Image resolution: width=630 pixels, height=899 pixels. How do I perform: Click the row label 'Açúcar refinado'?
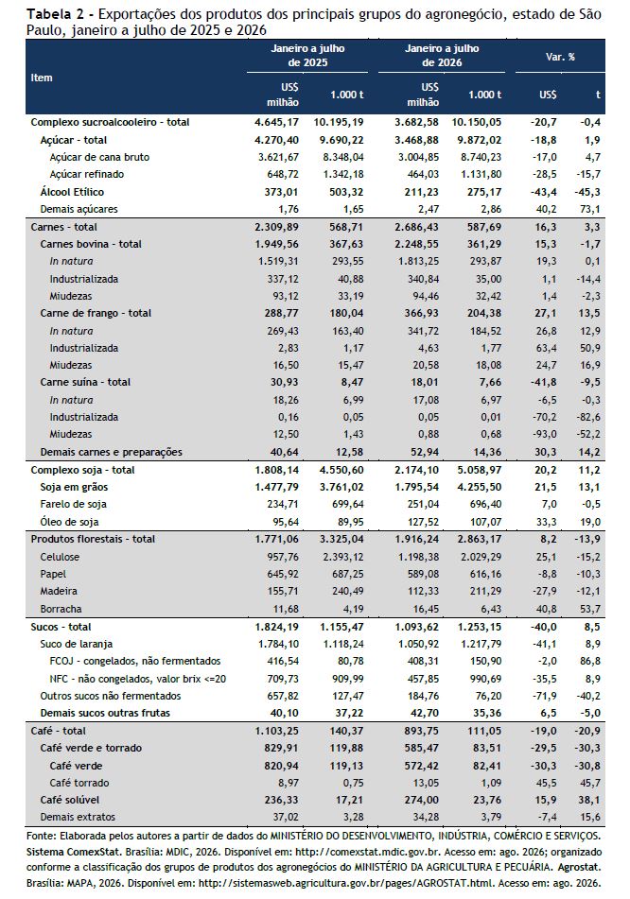87,174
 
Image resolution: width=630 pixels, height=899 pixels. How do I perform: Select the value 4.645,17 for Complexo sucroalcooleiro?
276,122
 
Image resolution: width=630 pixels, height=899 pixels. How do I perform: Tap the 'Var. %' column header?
560,57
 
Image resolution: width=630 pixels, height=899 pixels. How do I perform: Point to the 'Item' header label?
42,78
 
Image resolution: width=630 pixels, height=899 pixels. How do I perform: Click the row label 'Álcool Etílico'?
72,192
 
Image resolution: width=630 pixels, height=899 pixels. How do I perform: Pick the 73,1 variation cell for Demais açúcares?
590,209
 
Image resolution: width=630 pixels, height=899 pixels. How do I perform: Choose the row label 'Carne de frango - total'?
96,313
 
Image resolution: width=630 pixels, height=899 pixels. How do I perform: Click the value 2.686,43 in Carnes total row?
416,227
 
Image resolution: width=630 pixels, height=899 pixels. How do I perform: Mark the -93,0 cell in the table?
544,434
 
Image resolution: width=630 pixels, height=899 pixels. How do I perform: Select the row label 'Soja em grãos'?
74,488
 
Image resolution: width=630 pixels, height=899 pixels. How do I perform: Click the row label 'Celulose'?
60,557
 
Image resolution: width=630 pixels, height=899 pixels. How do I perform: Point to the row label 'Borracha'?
61,609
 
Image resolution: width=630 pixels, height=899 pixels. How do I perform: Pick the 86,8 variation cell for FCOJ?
590,661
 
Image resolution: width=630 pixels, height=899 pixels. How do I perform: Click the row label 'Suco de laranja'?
77,644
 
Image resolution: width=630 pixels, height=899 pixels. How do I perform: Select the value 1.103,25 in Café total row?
276,731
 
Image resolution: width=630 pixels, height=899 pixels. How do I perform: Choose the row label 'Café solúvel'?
69,800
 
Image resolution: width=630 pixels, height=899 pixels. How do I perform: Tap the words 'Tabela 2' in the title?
50,14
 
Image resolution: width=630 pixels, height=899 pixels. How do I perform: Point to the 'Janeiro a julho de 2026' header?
442,56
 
